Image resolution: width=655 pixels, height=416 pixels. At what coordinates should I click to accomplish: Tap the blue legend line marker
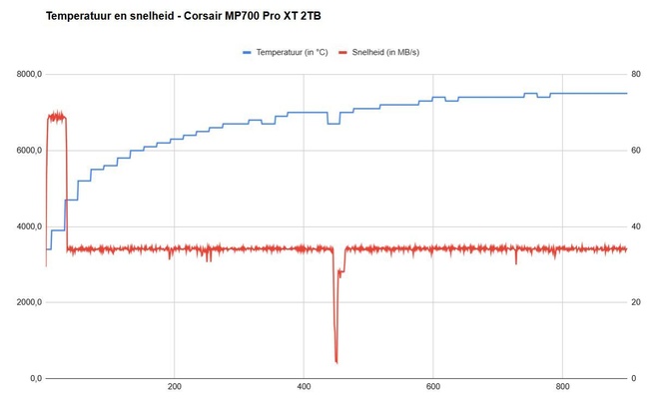point(248,51)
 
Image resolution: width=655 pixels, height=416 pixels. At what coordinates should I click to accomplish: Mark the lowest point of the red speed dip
point(336,361)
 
